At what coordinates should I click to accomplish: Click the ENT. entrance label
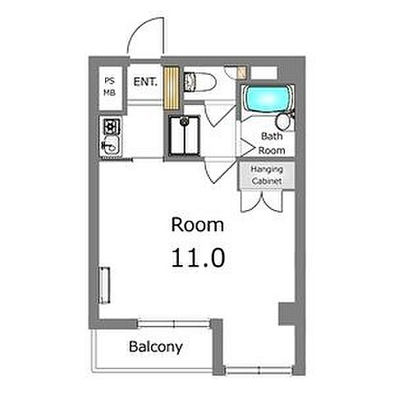point(145,82)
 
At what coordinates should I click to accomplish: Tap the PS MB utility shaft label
point(110,87)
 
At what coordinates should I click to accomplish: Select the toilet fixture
point(200,81)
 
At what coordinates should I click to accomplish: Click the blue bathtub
point(268,98)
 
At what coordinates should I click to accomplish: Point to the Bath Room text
point(272,143)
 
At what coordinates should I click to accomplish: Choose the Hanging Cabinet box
point(267,175)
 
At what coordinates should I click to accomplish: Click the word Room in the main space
point(198,225)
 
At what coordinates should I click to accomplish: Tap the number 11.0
point(198,258)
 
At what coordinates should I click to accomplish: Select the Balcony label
point(155,347)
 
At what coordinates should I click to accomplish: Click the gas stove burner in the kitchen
point(112,126)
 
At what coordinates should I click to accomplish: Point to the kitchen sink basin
point(111,145)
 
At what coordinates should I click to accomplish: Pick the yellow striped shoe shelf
point(172,88)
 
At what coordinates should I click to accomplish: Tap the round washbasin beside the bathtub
point(283,122)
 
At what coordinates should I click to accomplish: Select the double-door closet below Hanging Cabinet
point(262,201)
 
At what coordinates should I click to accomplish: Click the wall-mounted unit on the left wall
point(104,286)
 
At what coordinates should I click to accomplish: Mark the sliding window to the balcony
point(174,324)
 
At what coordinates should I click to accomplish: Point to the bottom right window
point(259,370)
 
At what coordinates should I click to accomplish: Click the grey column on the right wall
point(286,314)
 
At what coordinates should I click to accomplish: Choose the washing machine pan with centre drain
point(184,135)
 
